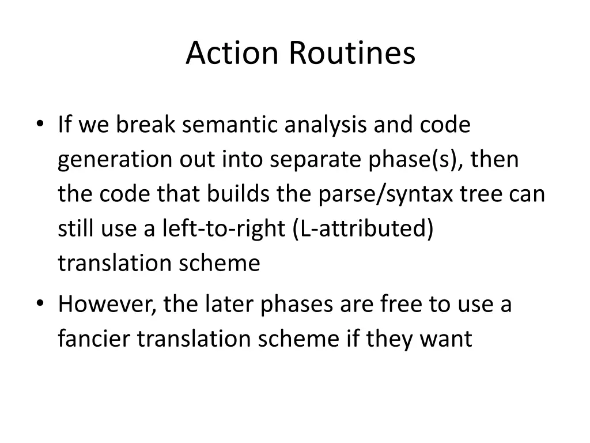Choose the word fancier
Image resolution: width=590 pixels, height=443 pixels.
click(94, 339)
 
